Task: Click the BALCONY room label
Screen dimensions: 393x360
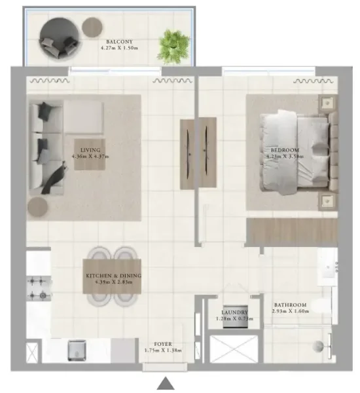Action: [116, 41]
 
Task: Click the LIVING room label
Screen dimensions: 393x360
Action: [90, 150]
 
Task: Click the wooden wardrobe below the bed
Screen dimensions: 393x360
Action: [291, 233]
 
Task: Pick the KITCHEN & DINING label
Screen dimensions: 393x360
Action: [113, 276]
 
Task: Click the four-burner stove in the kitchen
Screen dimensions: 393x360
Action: [39, 288]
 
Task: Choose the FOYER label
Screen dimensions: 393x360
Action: [162, 343]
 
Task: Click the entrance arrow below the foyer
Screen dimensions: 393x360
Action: [167, 384]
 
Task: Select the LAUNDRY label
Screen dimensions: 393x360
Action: [234, 312]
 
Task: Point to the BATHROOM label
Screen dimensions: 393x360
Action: [290, 305]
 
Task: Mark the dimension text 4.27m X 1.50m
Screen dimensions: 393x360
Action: [116, 48]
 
